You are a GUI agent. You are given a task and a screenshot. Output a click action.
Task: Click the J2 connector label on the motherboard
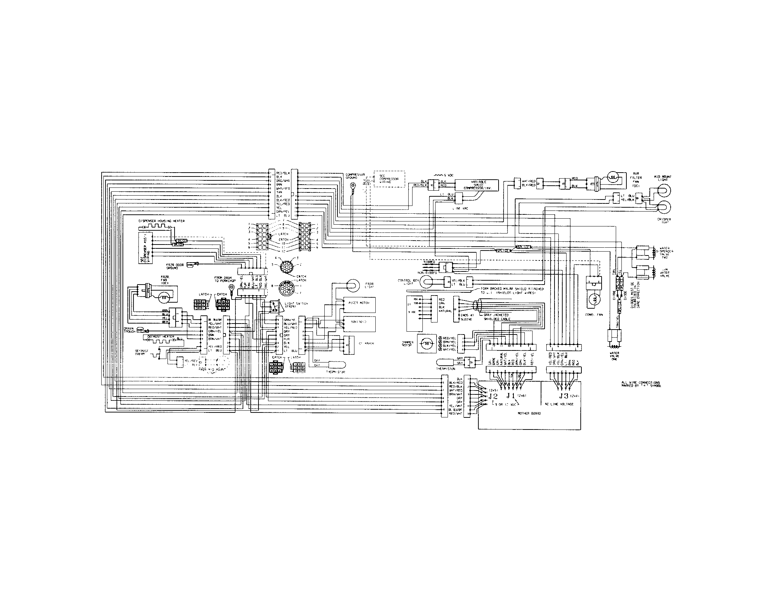(493, 397)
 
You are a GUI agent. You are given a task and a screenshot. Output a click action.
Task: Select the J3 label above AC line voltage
(563, 395)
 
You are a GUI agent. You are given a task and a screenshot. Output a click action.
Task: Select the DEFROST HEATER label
(158, 337)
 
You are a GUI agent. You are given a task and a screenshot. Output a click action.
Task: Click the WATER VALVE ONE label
(614, 355)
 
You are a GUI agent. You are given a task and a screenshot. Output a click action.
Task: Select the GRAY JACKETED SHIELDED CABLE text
(496, 317)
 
